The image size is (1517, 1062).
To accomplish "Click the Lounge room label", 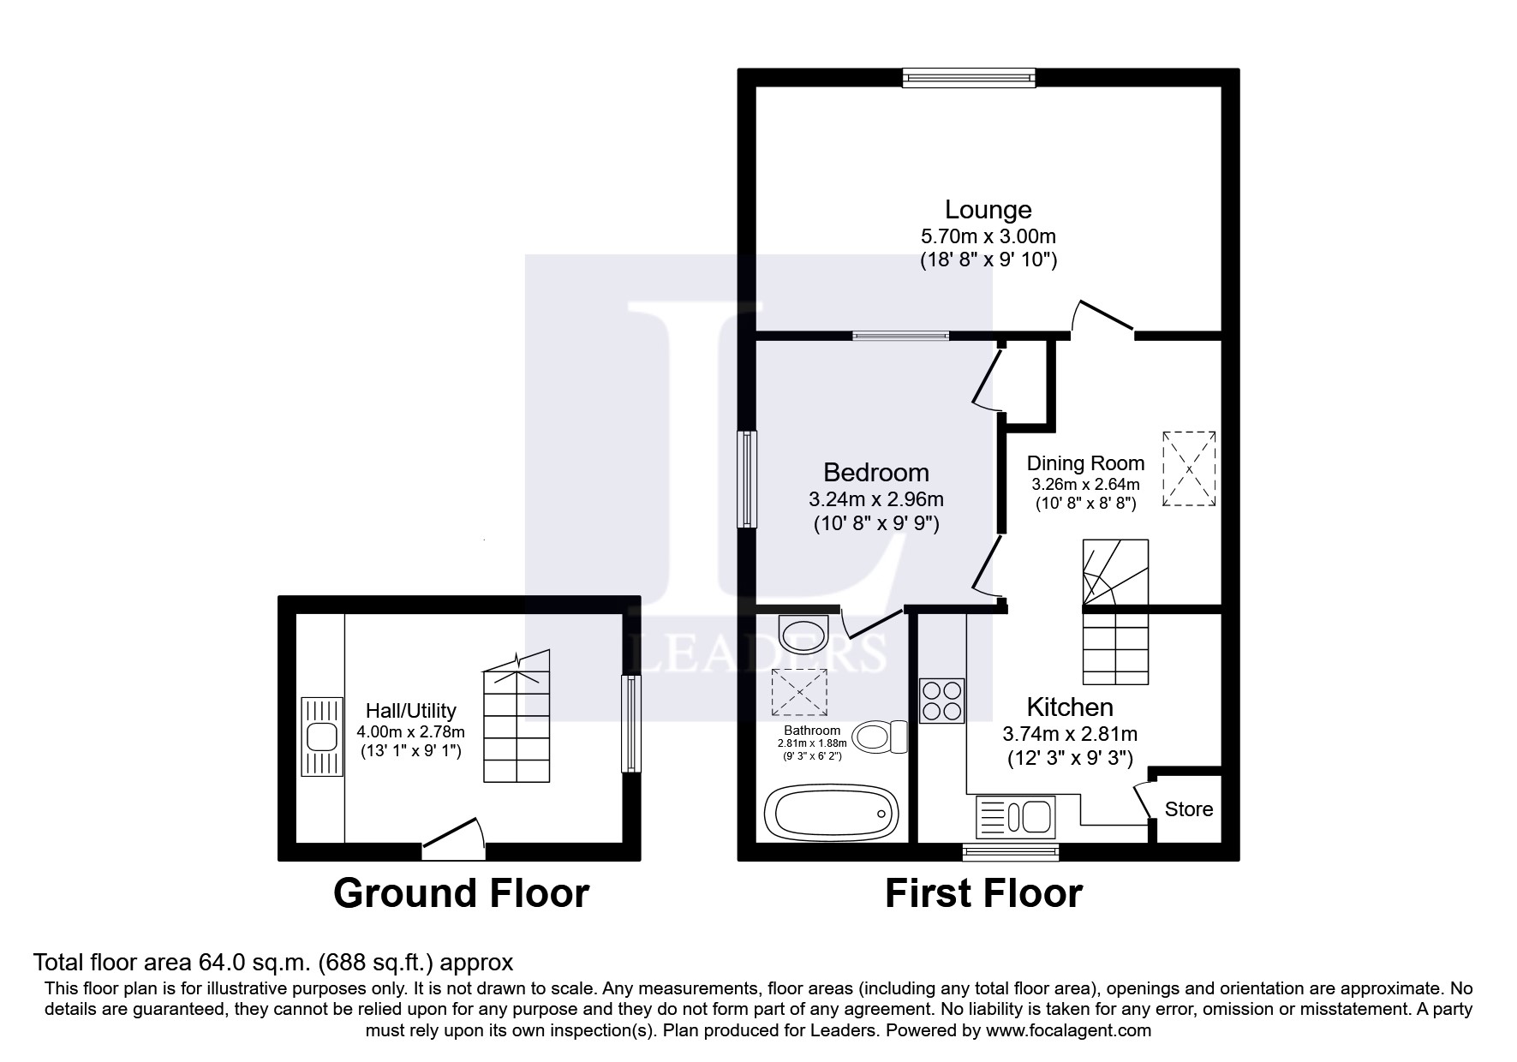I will (988, 210).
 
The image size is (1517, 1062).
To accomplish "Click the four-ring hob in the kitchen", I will (942, 701).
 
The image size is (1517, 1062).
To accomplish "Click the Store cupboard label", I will (1188, 809).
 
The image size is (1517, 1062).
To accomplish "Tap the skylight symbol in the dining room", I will (1189, 469).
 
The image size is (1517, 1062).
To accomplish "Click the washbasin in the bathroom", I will (803, 633).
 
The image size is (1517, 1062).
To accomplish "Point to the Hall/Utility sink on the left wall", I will (322, 737).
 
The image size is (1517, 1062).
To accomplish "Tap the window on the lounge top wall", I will (969, 78).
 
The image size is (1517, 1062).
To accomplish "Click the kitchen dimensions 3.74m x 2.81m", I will (1069, 734).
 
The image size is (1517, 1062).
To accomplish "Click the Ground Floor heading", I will (461, 893).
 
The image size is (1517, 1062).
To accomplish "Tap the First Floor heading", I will (983, 893).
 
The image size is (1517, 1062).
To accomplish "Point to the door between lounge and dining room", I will (1103, 319).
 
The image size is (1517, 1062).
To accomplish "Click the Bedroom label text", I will (875, 473).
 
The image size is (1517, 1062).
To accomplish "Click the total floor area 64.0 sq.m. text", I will (272, 962).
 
